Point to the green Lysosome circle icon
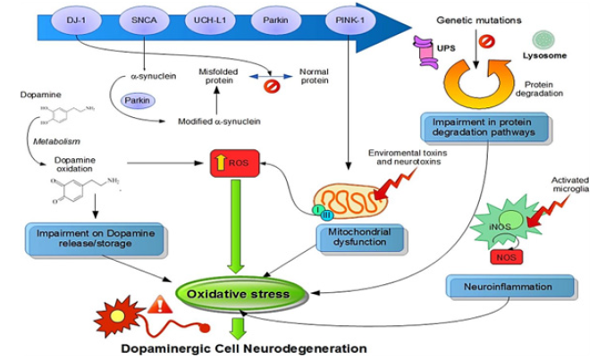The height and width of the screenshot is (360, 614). (544, 39)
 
